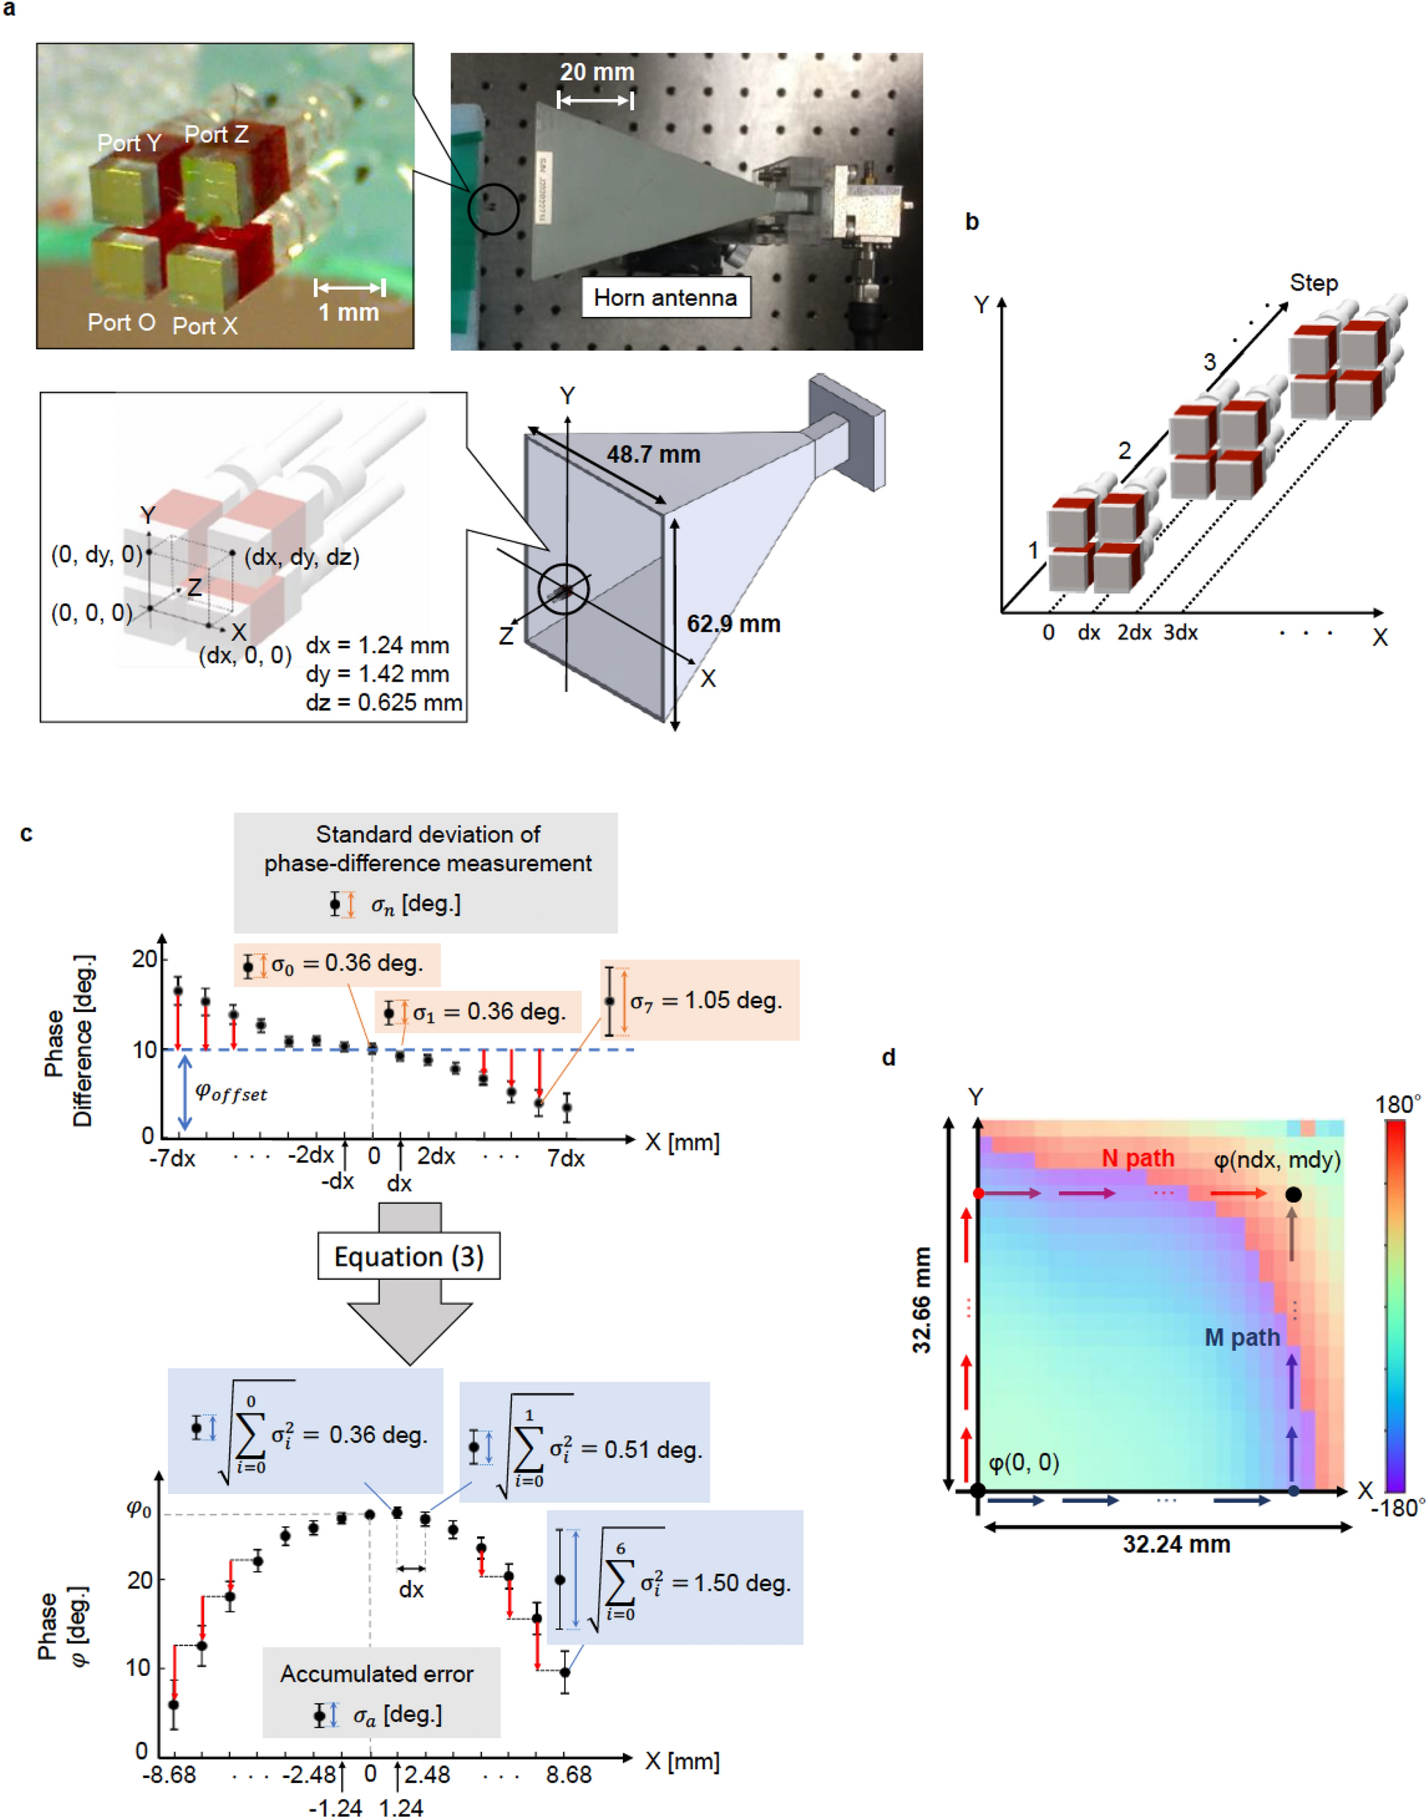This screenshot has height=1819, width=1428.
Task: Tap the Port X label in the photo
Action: (205, 326)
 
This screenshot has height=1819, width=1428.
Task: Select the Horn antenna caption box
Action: (666, 298)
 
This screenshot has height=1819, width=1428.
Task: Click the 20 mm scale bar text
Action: (596, 73)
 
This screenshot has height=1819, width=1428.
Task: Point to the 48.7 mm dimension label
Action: (653, 455)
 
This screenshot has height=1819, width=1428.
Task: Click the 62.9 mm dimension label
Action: (733, 624)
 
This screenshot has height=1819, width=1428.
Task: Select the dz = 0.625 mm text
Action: (384, 702)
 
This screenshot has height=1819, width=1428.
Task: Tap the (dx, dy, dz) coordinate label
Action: (302, 557)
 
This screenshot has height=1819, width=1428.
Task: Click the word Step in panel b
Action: (1313, 283)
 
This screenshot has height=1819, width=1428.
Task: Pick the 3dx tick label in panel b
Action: (1180, 633)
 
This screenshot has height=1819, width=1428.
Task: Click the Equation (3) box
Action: (409, 1256)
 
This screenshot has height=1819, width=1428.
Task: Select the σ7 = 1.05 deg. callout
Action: (706, 1001)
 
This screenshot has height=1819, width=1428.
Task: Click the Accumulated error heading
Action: (376, 1674)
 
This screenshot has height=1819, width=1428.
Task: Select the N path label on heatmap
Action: (1137, 1159)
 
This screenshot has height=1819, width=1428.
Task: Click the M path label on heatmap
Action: (1242, 1338)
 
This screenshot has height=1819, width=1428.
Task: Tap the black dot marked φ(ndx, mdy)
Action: (1292, 1195)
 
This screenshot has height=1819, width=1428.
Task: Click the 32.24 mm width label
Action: (1176, 1544)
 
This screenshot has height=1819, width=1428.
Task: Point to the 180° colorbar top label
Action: (1397, 1104)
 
